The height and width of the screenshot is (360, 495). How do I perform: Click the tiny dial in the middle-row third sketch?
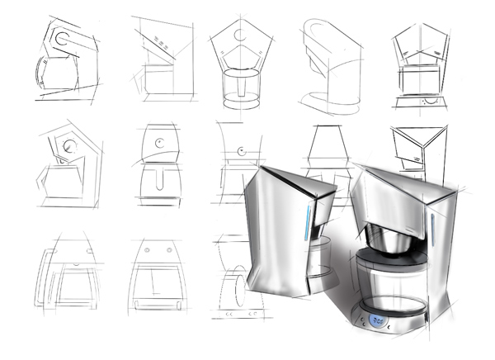240,151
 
